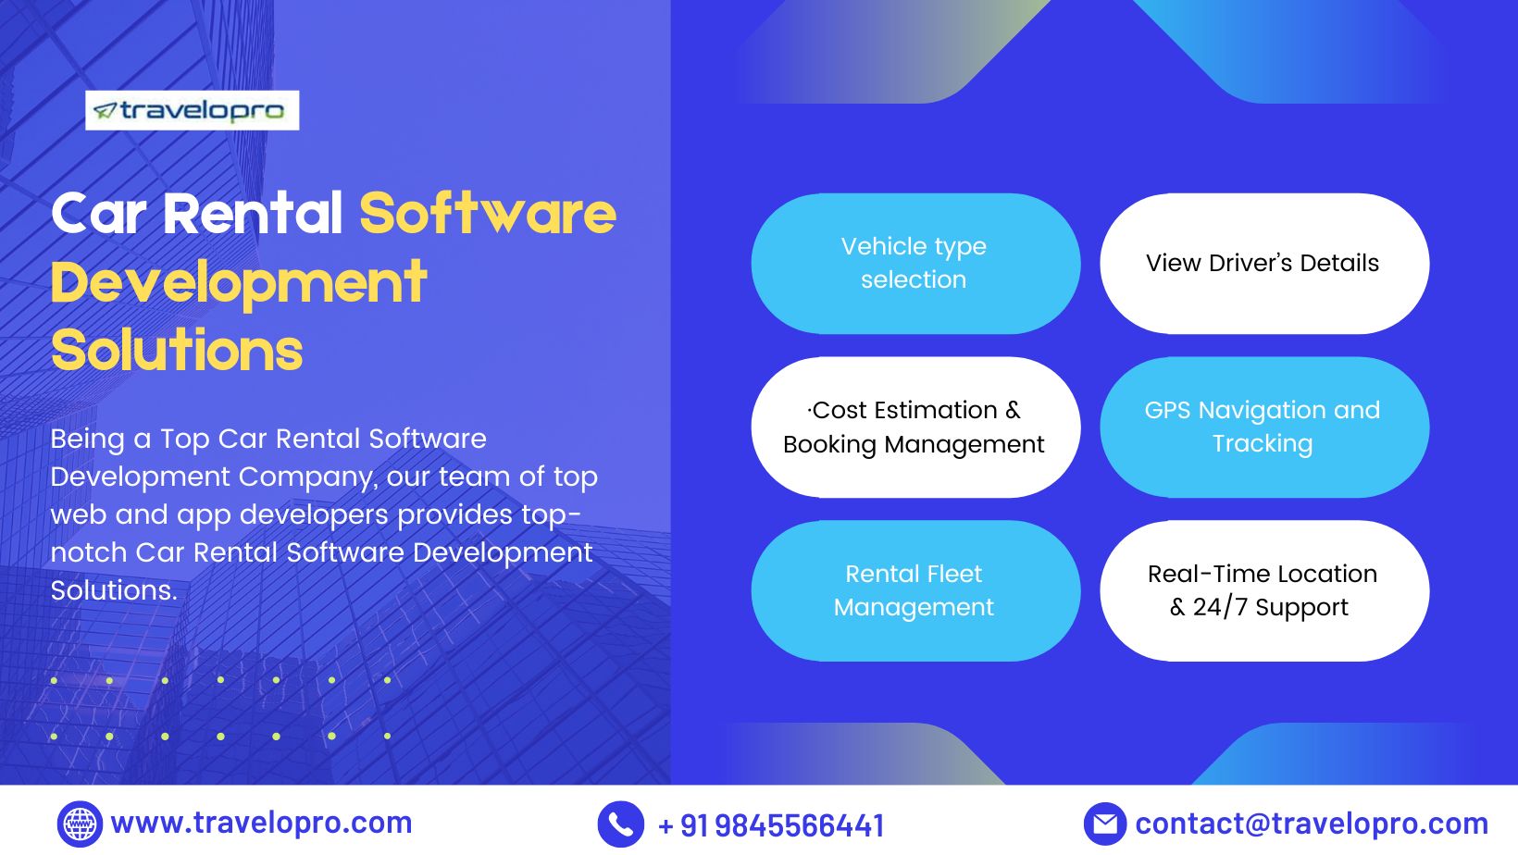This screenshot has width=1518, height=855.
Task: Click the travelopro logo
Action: point(193,110)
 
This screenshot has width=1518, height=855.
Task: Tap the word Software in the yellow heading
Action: point(487,214)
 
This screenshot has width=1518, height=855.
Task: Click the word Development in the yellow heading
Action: point(238,282)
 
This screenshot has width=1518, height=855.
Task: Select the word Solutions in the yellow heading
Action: point(177,351)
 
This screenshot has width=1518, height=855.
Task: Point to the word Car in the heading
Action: point(99,214)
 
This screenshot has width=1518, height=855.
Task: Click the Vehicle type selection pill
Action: point(915,264)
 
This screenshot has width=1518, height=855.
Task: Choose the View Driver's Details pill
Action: point(1263,264)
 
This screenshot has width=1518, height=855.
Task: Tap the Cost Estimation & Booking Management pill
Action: point(915,427)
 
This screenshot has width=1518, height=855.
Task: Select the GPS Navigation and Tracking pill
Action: point(1263,427)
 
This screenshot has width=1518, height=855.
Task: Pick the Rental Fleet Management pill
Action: point(915,590)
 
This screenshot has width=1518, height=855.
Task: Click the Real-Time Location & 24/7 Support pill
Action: point(1263,590)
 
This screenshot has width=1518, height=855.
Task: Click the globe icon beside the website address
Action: point(80,824)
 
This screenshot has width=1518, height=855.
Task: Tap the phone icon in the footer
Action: point(620,824)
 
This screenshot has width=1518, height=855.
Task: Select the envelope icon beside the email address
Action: point(1104,824)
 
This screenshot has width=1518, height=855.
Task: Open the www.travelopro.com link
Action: point(261,823)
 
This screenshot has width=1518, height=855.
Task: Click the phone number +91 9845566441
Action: point(771,825)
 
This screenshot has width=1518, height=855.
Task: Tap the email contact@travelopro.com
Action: point(1312,824)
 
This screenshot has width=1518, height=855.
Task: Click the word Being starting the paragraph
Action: point(87,439)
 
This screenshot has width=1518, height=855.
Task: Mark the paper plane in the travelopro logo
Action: point(105,112)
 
